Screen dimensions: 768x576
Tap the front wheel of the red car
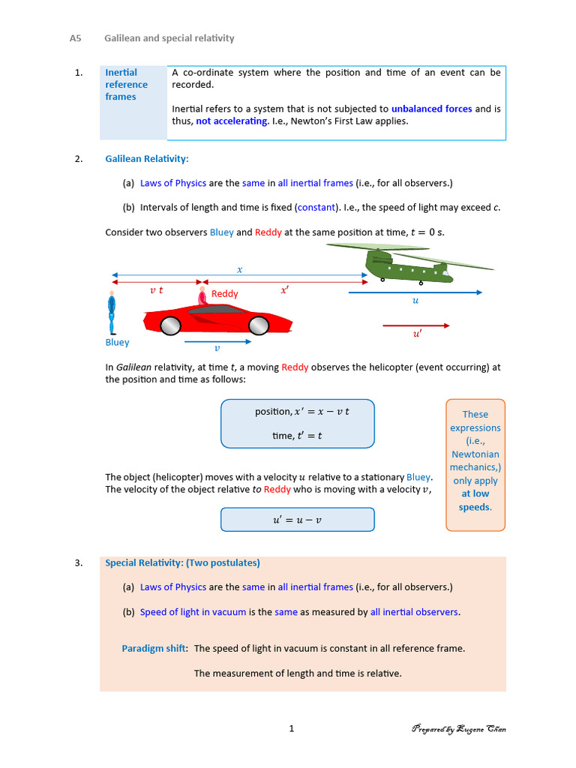259,325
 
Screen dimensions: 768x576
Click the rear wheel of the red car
171,325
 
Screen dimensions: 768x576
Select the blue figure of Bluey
112,313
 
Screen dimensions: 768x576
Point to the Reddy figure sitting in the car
202,297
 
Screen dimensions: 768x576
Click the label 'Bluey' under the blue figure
117,343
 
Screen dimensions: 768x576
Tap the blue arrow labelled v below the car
217,342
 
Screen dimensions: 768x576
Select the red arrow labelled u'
416,325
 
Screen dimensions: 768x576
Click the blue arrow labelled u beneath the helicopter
416,292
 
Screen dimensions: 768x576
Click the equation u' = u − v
297,520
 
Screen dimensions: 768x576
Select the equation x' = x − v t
302,412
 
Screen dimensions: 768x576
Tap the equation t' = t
297,436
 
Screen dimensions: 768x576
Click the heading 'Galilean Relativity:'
147,159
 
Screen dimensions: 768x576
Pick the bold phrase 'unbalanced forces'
431,109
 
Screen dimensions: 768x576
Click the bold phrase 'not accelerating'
232,121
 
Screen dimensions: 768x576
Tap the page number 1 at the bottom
292,728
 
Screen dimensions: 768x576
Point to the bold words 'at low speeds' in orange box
475,500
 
